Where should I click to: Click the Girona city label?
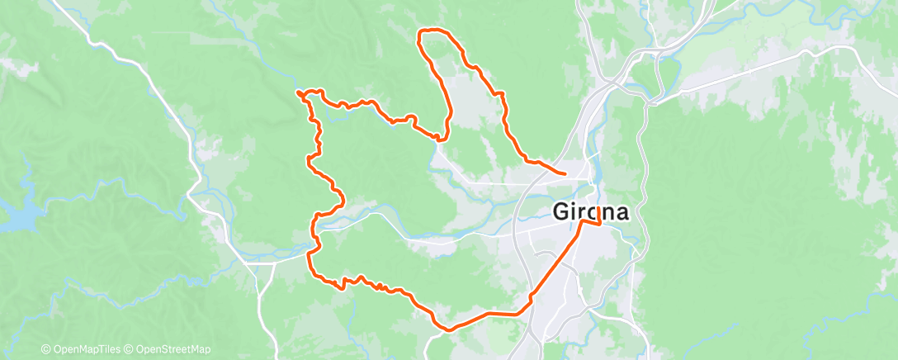click(x=590, y=211)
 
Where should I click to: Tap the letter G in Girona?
click(x=560, y=211)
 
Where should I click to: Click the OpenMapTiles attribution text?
click(x=87, y=350)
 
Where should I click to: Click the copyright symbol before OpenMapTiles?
click(x=45, y=350)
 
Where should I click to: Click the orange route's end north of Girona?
click(x=564, y=173)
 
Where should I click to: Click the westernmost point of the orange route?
click(x=297, y=92)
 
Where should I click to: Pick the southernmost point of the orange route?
click(x=450, y=329)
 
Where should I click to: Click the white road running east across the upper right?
click(x=743, y=69)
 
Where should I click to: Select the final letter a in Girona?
click(x=621, y=211)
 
